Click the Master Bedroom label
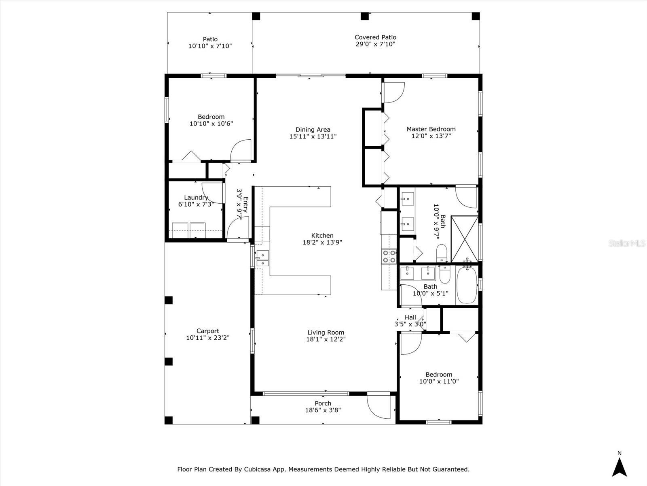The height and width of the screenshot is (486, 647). click(431, 129)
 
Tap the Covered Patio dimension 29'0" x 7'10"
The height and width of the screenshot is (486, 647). click(375, 44)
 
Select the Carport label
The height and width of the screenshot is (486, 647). click(208, 331)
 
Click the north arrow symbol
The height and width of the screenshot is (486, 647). click(619, 467)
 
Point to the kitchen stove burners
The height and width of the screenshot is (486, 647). click(389, 256)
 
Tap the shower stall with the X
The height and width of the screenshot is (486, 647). click(464, 239)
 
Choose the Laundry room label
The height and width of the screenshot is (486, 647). click(196, 198)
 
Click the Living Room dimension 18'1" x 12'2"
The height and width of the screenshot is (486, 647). click(326, 339)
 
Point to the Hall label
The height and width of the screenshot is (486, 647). click(410, 318)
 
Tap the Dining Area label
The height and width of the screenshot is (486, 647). click(313, 130)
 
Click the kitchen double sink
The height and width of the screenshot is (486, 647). click(262, 258)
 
